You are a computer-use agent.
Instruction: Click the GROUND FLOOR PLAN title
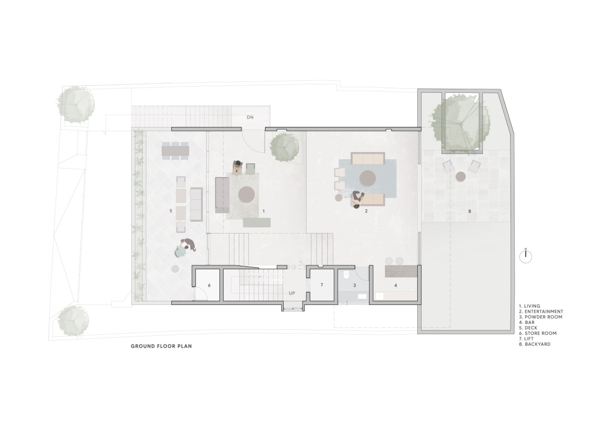[x=161, y=346]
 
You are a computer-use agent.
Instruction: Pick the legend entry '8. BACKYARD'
[x=535, y=344]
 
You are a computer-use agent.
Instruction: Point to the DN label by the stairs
[x=250, y=117]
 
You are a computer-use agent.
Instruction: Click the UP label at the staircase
[x=292, y=293]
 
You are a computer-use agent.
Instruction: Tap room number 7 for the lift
[x=322, y=285]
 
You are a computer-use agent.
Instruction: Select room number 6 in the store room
[x=210, y=286]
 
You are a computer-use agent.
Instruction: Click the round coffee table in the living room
[x=247, y=194]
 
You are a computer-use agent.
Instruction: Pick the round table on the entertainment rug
[x=368, y=178]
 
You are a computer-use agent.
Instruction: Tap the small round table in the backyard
[x=460, y=177]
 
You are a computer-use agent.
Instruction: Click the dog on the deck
[x=189, y=244]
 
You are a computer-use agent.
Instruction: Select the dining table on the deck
[x=175, y=151]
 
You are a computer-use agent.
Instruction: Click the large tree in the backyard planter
[x=461, y=124]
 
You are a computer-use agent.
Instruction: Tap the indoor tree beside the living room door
[x=285, y=147]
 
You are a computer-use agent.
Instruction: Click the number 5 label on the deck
[x=171, y=211]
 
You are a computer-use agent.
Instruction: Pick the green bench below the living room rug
[x=257, y=223]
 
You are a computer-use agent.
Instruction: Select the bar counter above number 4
[x=401, y=271]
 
